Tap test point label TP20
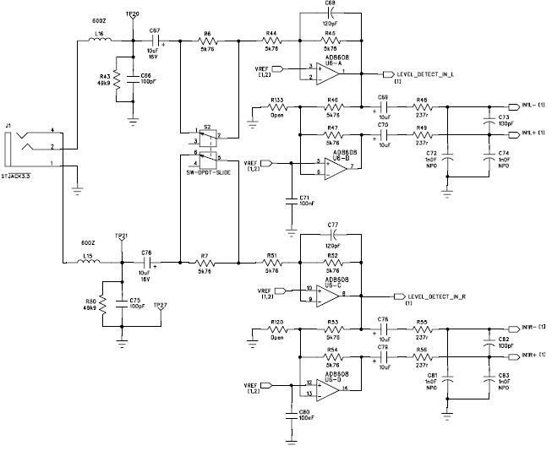(133, 15)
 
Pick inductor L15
(87, 263)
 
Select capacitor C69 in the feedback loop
(330, 14)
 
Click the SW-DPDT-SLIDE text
(207, 171)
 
